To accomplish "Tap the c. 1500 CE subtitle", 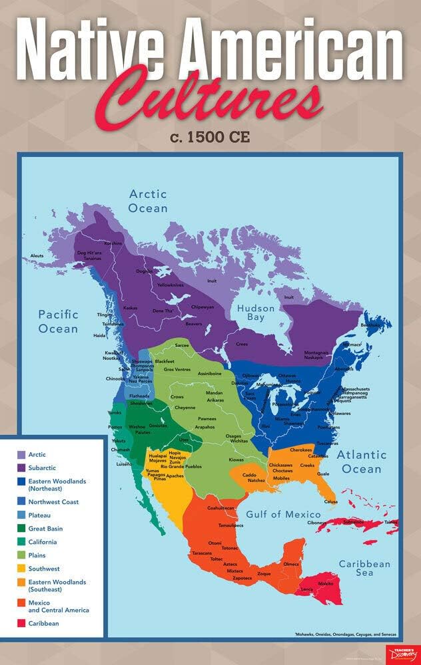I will point(210,138).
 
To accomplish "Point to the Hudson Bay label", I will point(256,313).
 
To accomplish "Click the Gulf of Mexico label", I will point(284,514).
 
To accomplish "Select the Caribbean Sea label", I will point(364,568).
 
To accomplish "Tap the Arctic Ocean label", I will point(148,201).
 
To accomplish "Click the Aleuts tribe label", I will point(37,255).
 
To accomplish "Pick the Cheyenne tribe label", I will point(185,407).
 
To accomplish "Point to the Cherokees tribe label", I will point(300,450).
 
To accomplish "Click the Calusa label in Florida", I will point(330,501).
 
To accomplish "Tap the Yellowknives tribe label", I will point(170,285).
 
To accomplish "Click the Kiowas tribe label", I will point(236,460).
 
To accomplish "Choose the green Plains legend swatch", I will point(21,555).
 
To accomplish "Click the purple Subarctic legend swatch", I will point(21,467).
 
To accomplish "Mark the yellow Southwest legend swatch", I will point(21,569).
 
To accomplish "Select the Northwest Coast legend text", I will point(53,501).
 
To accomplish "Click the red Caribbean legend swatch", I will point(21,623).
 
